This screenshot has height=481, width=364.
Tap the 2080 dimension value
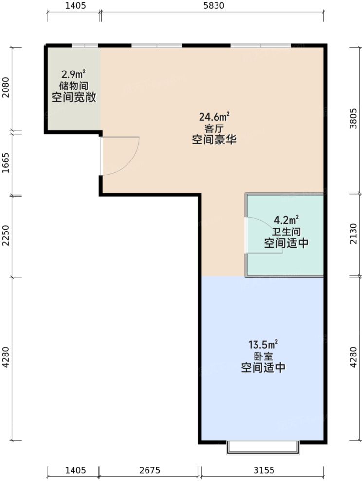tap(6, 89)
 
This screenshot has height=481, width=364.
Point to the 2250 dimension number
tap(6, 236)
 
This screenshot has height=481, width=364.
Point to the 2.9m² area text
tap(73, 74)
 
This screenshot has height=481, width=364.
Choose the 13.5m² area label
tap(263, 345)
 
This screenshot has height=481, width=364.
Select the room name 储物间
tap(73, 86)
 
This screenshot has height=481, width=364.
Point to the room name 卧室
tap(263, 356)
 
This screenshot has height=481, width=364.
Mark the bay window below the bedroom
tap(263, 448)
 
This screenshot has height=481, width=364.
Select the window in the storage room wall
tap(85, 46)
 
